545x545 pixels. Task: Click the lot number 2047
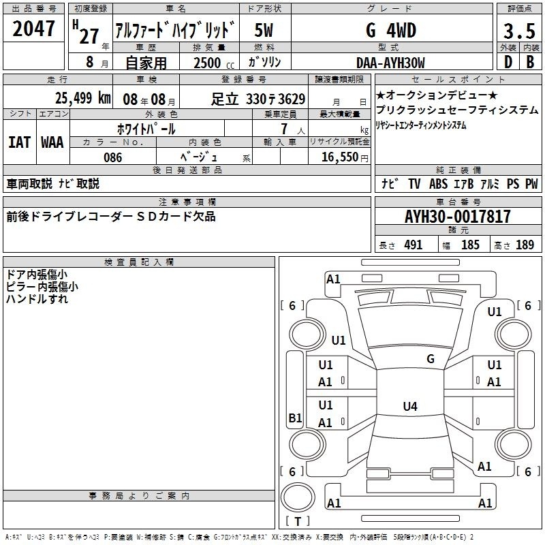(x=33, y=29)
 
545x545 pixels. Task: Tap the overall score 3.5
(x=519, y=31)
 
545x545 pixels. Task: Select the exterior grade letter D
(x=508, y=62)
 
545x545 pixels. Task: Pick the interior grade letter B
(x=530, y=62)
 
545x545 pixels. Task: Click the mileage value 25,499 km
(x=82, y=98)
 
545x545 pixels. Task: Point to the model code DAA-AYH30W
(x=390, y=63)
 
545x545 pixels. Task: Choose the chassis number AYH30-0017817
(x=458, y=217)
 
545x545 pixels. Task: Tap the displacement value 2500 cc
(x=214, y=63)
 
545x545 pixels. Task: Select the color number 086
(x=112, y=157)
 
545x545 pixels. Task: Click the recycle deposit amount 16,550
(x=340, y=157)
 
